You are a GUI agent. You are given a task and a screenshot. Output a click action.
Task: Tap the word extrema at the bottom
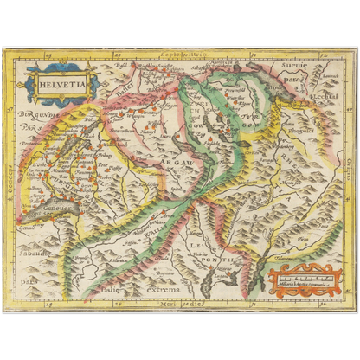click(x=164, y=290)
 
